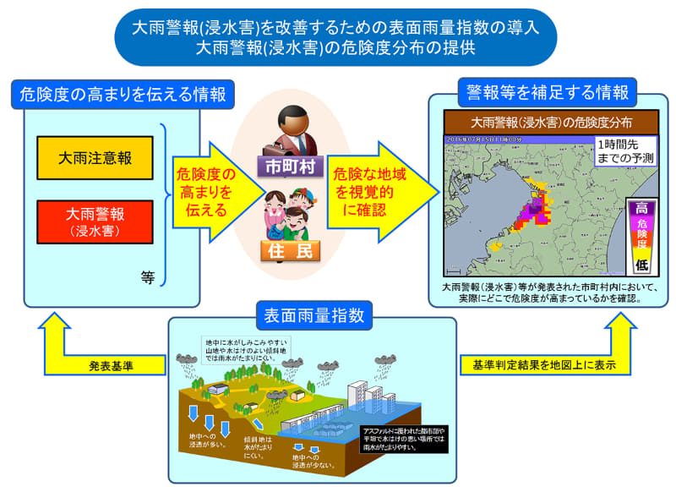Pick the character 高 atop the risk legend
[x=641, y=208]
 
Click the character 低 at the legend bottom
[x=641, y=265]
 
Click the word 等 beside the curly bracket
[x=149, y=276]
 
